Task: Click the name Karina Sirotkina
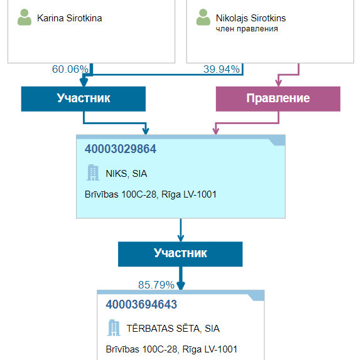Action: coord(70,18)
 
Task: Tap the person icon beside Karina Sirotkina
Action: coord(24,18)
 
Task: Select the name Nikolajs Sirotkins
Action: coord(251,18)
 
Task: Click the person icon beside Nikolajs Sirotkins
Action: coord(203,18)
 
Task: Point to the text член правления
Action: coord(247,29)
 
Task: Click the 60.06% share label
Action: coord(70,69)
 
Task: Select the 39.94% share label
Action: coord(222,69)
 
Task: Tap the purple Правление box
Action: coord(278,99)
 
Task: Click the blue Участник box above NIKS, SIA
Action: coord(84,99)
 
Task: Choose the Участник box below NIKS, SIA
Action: coord(180,254)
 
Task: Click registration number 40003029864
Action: coord(121,149)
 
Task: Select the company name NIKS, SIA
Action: coord(126,174)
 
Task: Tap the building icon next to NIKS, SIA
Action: coord(93,172)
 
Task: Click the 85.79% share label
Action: coord(156,285)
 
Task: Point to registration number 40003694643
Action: coord(141,304)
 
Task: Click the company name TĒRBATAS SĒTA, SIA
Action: coord(173,328)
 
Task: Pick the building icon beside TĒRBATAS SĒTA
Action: coord(114,327)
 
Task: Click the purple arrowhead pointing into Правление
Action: coord(279,83)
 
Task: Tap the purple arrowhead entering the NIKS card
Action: coord(216,131)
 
